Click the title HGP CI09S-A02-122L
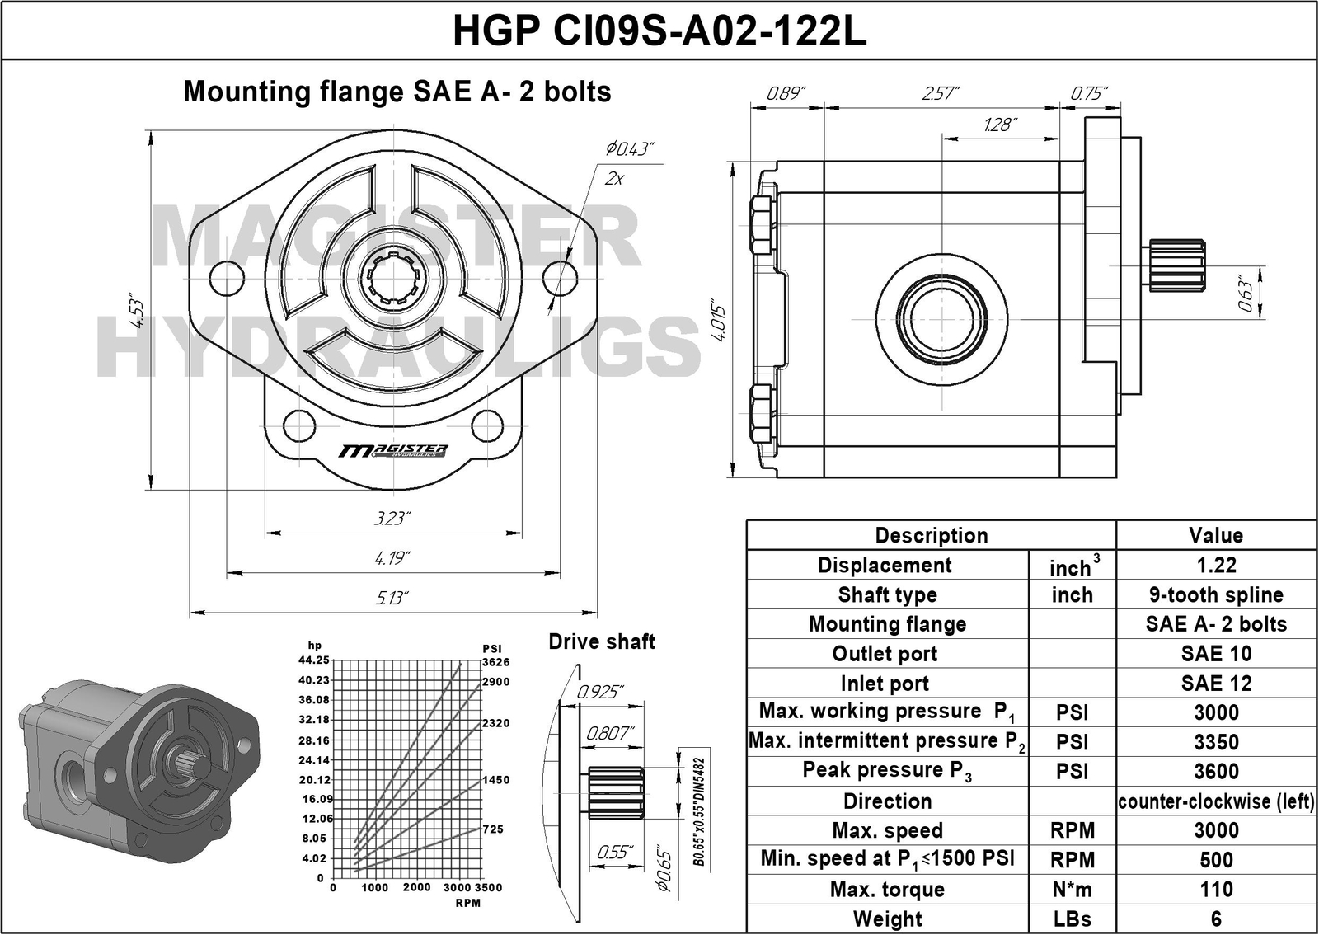659,31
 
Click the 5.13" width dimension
392,598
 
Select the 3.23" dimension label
392,518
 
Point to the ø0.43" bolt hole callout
630,149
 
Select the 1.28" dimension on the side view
1000,125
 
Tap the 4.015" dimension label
718,323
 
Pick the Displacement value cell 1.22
1216,566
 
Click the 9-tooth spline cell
1216,595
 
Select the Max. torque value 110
1216,890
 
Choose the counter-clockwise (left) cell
1216,801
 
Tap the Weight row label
887,919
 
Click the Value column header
1216,536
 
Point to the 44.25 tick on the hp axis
314,660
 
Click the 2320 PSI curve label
496,723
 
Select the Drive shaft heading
602,642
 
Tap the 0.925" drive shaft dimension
599,692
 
